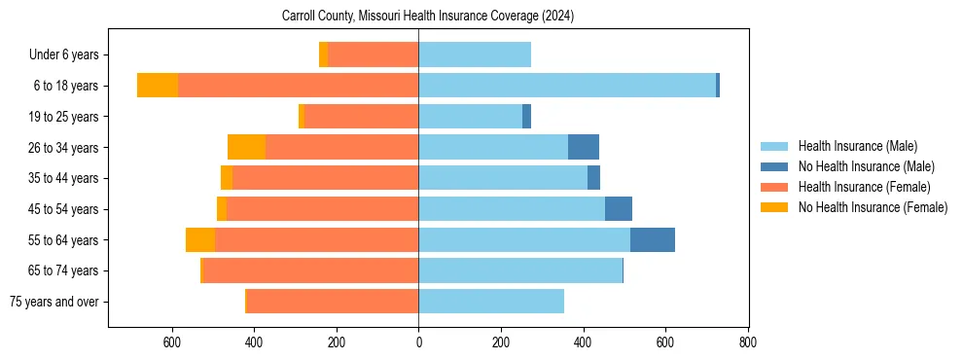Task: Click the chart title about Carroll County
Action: (x=428, y=17)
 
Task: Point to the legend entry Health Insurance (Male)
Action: (x=857, y=146)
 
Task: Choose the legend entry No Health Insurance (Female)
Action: (x=873, y=207)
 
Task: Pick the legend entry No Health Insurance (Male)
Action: (x=866, y=166)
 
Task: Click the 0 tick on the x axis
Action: (x=418, y=342)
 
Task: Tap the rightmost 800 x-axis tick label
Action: (x=747, y=342)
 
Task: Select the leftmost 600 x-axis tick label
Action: (x=172, y=342)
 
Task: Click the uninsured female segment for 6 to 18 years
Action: (x=158, y=86)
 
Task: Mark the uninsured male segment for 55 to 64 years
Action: (x=652, y=239)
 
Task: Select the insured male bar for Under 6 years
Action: (x=475, y=54)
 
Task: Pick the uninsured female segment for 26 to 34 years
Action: (x=246, y=147)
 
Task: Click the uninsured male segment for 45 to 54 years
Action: (x=618, y=209)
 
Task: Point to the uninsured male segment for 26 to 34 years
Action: (x=583, y=147)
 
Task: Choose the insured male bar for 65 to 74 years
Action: (x=520, y=270)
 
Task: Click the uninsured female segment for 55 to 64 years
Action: (x=200, y=239)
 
